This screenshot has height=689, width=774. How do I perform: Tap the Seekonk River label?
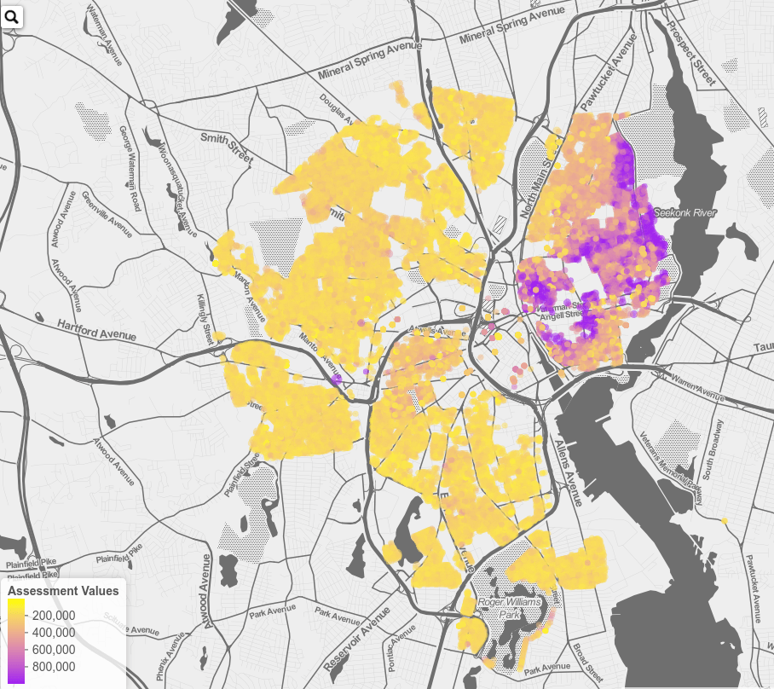click(x=685, y=212)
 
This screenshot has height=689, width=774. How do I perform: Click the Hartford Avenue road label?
click(x=96, y=330)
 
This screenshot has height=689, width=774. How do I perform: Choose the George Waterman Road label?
click(x=129, y=169)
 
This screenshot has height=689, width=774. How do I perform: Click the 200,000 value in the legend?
click(x=53, y=615)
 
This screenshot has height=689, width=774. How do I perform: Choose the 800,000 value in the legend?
click(x=53, y=666)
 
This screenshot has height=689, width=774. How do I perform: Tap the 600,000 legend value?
click(x=53, y=649)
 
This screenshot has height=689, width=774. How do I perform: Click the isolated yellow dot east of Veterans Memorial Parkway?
click(x=724, y=520)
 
